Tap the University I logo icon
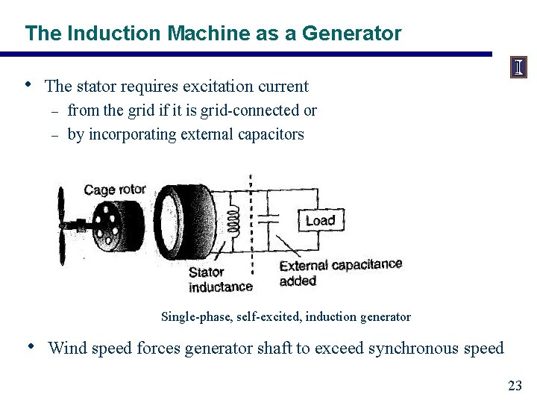518,68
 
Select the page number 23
515,386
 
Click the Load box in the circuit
320,220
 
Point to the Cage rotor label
115,190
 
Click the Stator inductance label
220,280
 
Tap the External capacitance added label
340,272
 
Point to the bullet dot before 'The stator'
28,84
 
